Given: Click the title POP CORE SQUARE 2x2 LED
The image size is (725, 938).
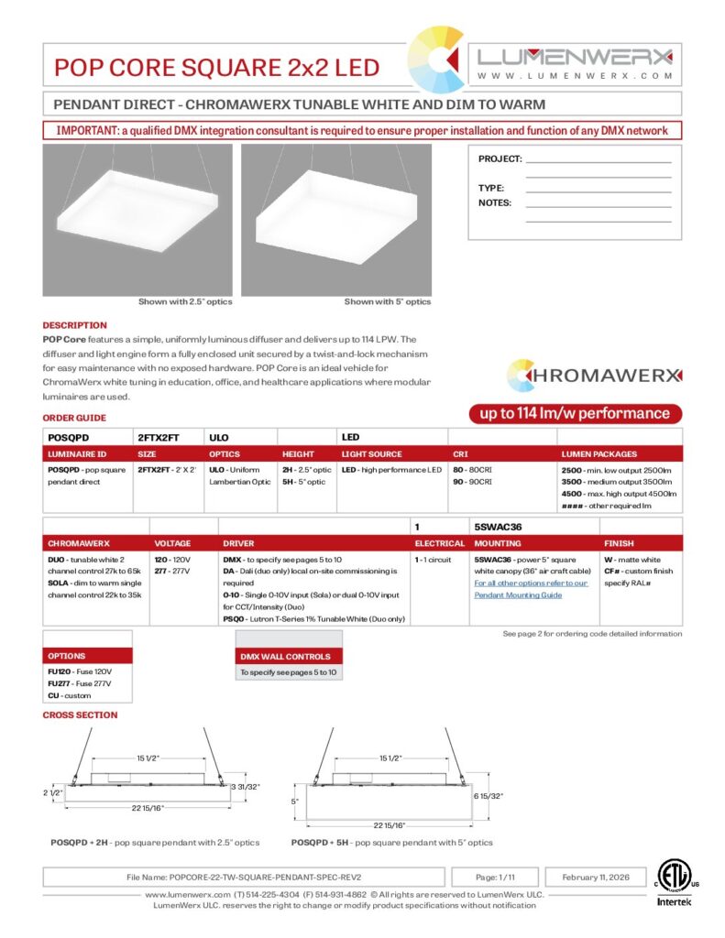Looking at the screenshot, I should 216,68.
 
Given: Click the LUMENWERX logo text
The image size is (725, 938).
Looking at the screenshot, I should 576,57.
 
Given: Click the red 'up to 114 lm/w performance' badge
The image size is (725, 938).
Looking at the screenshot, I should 575,413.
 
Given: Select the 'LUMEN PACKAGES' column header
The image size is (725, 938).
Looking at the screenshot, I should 599,453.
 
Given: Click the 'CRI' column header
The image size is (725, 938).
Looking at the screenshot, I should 460,453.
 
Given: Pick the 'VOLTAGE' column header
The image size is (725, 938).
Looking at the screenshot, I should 173,543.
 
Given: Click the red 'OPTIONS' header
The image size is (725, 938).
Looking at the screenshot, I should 67,656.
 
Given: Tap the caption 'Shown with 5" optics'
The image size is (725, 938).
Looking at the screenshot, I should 387,301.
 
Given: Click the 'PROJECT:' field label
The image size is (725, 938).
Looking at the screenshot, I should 500,159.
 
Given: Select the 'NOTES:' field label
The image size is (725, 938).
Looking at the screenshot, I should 495,203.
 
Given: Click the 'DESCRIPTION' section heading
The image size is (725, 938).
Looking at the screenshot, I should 74,325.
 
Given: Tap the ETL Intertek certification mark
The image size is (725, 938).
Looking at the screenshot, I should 676,883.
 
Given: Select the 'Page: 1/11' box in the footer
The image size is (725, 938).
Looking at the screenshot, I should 496,877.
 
